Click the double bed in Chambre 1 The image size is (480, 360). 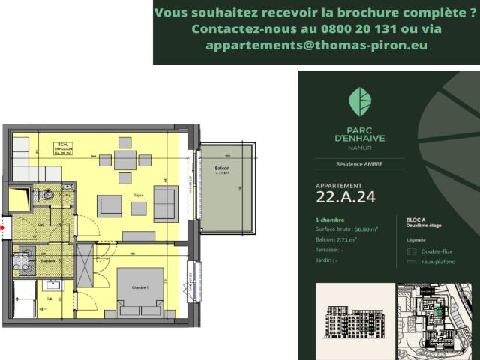[140, 293]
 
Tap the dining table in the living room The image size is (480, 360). [126, 159]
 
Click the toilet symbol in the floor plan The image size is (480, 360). [47, 194]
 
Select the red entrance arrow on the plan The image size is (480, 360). [3, 223]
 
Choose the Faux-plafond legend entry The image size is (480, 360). [439, 262]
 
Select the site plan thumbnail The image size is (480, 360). [435, 319]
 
